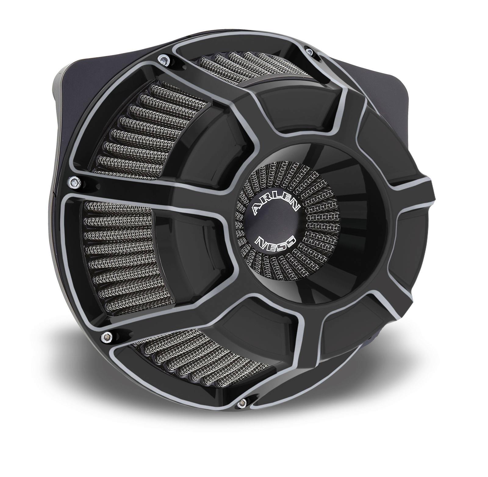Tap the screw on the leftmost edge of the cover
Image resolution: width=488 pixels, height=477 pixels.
point(74,182)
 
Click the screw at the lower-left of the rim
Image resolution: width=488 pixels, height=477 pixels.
point(106,336)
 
